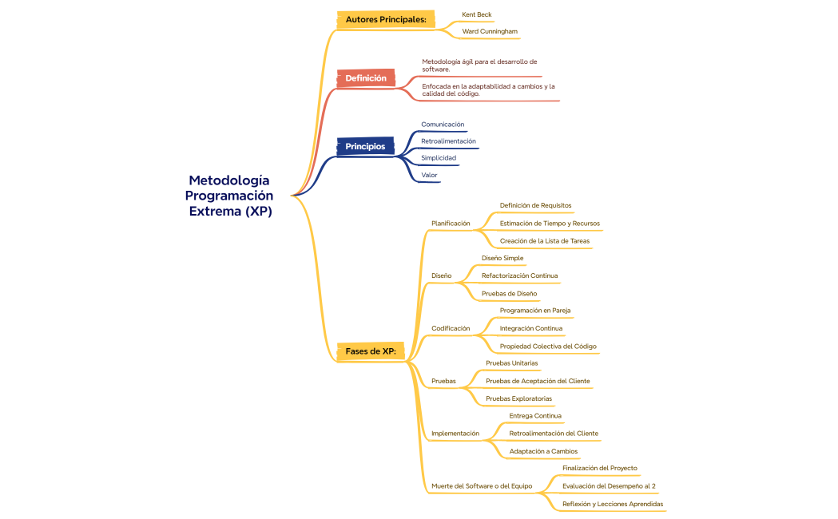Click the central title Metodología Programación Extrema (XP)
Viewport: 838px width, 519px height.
(x=229, y=196)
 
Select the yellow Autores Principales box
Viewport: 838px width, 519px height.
(x=386, y=19)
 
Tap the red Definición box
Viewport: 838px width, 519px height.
(x=366, y=78)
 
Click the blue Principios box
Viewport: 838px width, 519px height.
(x=365, y=146)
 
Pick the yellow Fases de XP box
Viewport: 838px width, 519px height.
(x=371, y=351)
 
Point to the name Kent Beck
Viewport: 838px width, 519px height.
(x=476, y=15)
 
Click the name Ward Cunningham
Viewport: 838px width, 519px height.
(x=489, y=32)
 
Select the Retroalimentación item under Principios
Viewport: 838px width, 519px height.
(x=448, y=141)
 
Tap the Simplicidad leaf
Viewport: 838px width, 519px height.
(x=439, y=158)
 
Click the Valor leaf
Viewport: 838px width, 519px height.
(x=429, y=176)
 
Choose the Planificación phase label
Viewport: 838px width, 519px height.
(x=451, y=224)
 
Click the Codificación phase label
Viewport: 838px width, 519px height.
(x=451, y=328)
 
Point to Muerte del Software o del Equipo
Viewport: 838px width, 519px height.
(x=482, y=485)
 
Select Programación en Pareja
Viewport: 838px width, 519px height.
(x=534, y=311)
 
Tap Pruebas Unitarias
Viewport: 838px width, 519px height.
(x=511, y=363)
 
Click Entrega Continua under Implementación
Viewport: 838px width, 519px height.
(x=534, y=416)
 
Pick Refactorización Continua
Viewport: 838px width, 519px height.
(x=519, y=275)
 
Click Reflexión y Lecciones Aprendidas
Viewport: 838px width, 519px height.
(x=612, y=504)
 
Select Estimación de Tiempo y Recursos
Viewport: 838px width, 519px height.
(x=550, y=224)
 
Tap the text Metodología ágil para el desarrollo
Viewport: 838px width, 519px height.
(x=479, y=61)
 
